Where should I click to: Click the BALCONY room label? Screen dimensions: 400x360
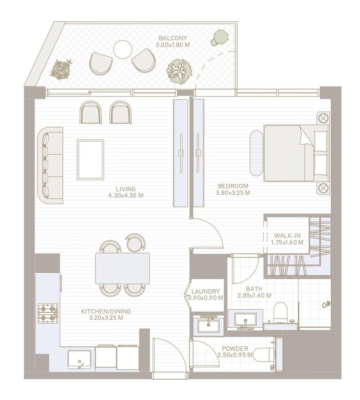173,38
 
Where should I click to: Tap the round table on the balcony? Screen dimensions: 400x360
123,49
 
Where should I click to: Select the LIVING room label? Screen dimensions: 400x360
125,189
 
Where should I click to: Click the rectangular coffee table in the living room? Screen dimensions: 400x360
90,159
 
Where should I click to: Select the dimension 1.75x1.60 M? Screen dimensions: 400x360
287,242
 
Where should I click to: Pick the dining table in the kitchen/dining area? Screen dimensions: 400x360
122,268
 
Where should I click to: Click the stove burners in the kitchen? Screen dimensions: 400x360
48,312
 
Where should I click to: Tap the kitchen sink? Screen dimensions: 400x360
79,359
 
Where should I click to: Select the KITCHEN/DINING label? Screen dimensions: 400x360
106,311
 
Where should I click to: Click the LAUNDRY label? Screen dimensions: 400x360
205,291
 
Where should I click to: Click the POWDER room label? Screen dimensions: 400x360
235,349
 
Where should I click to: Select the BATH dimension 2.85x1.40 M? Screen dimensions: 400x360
254,295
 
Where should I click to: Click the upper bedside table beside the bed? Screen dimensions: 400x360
324,118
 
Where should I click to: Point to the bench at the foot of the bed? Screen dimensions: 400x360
256,153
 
